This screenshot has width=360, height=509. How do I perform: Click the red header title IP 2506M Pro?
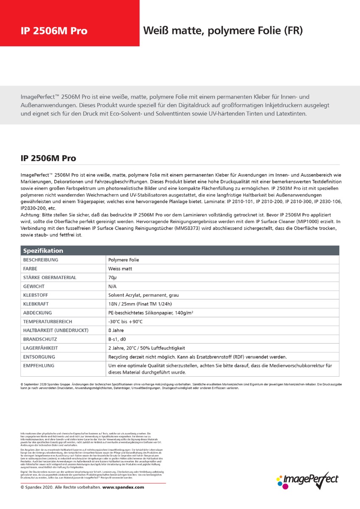pos(54,31)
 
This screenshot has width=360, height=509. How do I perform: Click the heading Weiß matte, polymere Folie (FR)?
pos(223,31)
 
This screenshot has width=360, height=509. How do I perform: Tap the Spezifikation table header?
pos(43,251)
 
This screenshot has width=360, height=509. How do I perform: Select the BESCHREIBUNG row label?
pos(41,260)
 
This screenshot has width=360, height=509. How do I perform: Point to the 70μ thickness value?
pos(112,277)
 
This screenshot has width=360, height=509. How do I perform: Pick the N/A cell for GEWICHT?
pos(112,286)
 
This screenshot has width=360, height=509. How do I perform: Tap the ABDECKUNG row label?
pos(38,313)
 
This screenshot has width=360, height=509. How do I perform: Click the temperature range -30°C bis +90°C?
pos(126,322)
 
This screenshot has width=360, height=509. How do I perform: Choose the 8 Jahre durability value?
pos(116,330)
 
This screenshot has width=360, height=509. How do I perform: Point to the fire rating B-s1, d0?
pos(117,339)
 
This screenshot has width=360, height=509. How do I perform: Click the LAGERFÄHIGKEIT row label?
pos(41,348)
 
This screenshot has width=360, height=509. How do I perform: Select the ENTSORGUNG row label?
pos(39,357)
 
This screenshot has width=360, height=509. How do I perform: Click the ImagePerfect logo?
pos(307,479)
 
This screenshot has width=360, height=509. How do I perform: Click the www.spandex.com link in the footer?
pos(123,487)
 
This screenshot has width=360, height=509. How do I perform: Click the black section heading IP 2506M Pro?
pos(48,158)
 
